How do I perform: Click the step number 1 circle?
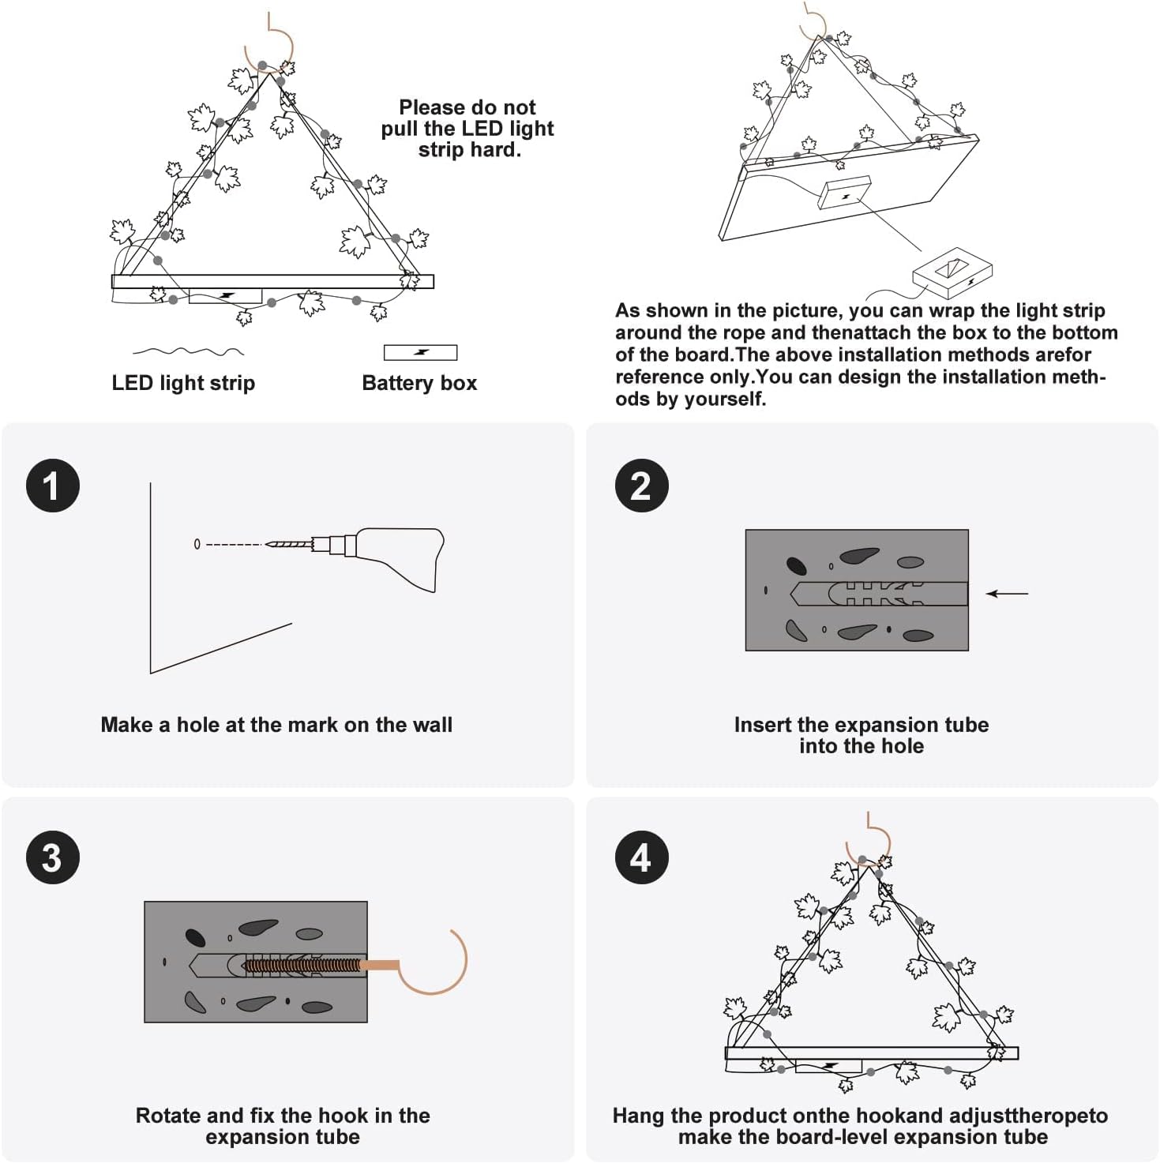click(x=53, y=486)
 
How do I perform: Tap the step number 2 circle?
click(x=641, y=486)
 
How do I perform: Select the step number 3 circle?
click(x=53, y=857)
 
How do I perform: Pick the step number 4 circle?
click(x=641, y=857)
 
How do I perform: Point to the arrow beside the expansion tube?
click(x=1008, y=594)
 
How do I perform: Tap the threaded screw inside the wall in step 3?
click(x=300, y=965)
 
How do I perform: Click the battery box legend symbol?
click(x=420, y=352)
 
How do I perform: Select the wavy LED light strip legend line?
click(x=188, y=351)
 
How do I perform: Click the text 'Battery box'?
click(x=419, y=383)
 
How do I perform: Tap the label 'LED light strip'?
click(x=183, y=383)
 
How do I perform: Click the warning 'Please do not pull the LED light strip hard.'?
click(x=467, y=129)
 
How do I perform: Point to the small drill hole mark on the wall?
click(x=197, y=544)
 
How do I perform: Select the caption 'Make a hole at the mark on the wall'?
click(x=276, y=725)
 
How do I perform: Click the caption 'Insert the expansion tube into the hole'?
click(x=861, y=735)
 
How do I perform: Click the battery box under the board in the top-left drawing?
click(x=225, y=296)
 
